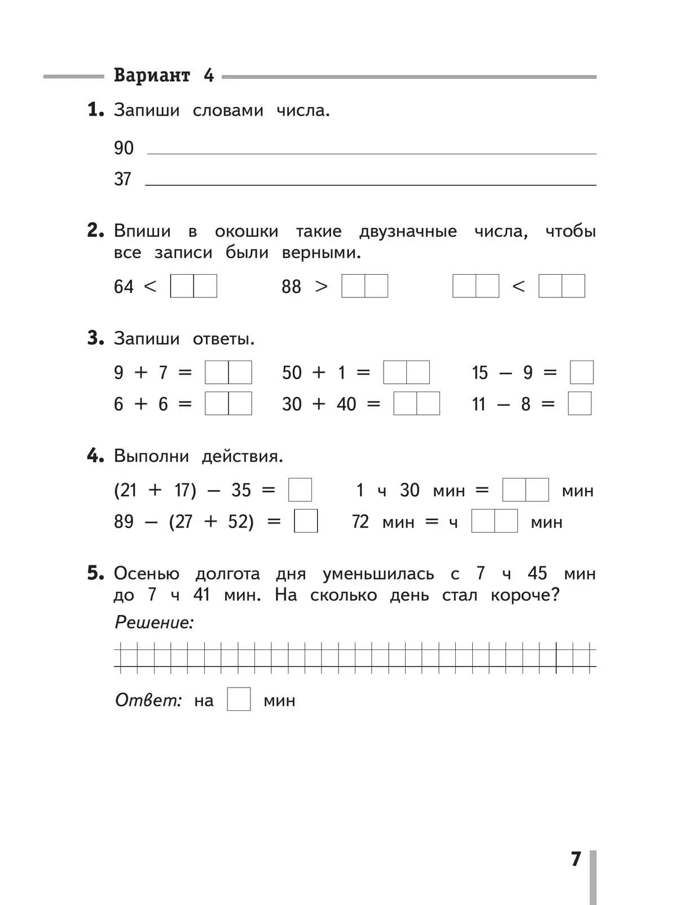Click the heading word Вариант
coord(152,75)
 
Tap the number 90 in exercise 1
coord(124,148)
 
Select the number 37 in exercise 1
coord(122,179)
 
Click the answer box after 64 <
coord(194,286)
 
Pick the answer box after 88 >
coord(364,286)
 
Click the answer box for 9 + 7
coord(228,372)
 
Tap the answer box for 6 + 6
coord(228,404)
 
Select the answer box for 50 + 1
coord(406,372)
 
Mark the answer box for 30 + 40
coord(416,404)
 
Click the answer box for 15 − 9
coord(582,372)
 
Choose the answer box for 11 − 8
coord(579,404)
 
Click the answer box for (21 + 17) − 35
coord(300,490)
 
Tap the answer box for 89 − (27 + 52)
coord(306,521)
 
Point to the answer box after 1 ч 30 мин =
coord(525,490)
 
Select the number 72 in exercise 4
coord(360,522)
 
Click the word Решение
coord(154,622)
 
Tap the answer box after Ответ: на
coord(239,700)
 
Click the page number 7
coord(575,859)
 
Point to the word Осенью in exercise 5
coord(147,574)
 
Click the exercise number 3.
coord(95,339)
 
